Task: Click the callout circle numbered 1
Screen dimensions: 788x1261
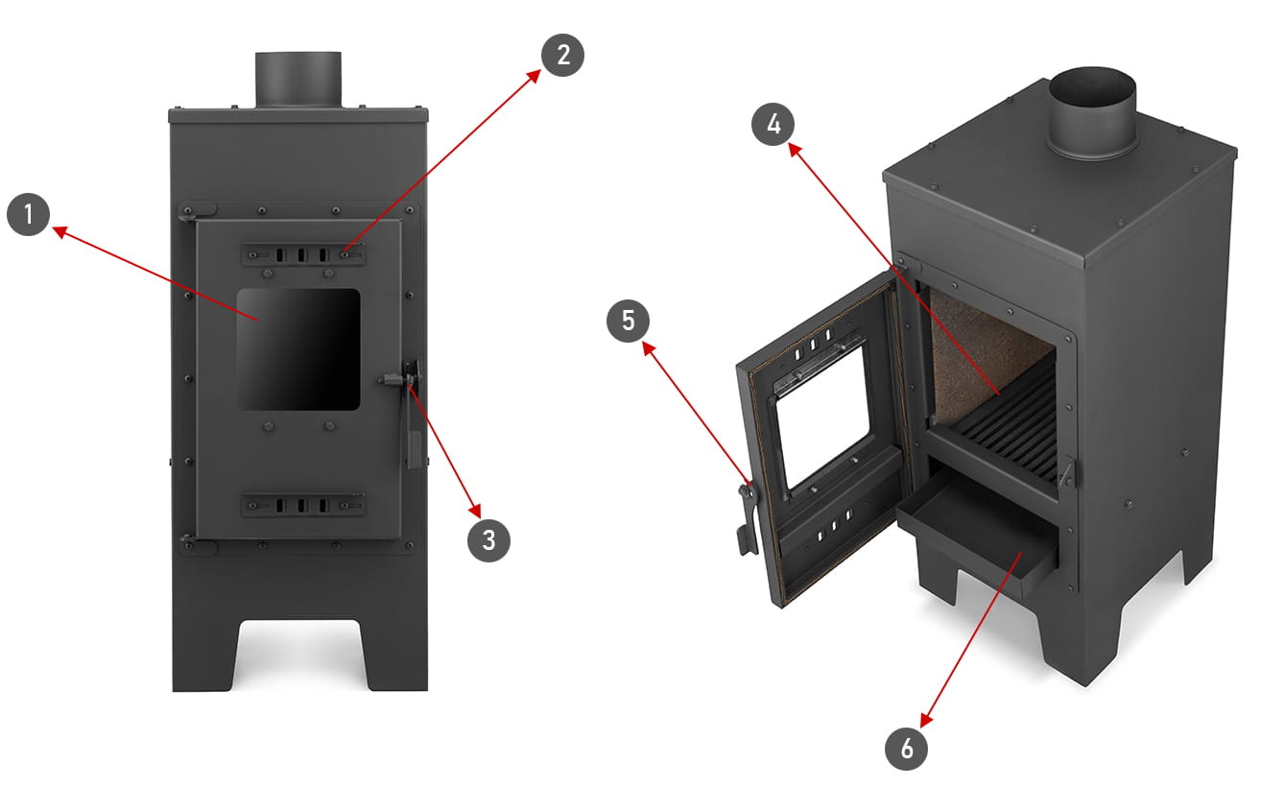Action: (30, 215)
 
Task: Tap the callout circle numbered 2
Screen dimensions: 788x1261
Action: (562, 54)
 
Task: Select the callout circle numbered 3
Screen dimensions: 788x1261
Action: (489, 539)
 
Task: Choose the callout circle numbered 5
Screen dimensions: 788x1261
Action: (629, 320)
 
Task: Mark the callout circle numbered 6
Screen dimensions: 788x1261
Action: (907, 747)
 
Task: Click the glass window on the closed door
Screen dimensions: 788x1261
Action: (298, 349)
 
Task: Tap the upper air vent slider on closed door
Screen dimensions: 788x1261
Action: (302, 254)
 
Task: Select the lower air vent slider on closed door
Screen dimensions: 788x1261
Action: (302, 505)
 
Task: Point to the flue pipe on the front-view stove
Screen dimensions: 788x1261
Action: (297, 80)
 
